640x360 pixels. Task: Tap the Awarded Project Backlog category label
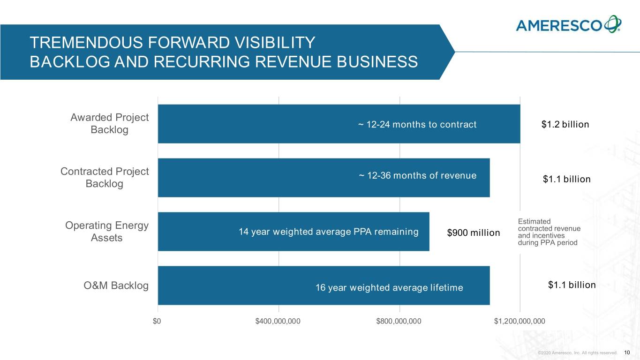click(109, 123)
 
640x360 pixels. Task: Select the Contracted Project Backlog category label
click(105, 178)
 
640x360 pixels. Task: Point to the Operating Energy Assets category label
click(107, 232)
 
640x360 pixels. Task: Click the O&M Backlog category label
click(116, 285)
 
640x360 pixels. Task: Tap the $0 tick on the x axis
click(158, 321)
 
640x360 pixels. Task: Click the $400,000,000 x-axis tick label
click(278, 321)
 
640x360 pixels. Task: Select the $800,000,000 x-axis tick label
click(399, 321)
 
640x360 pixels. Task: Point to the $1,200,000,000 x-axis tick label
click(520, 321)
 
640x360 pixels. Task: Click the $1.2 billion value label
click(565, 125)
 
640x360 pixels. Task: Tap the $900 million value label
click(474, 233)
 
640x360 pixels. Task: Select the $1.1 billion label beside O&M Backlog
click(572, 285)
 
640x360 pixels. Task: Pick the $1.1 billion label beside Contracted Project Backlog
click(566, 180)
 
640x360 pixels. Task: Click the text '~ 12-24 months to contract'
click(417, 125)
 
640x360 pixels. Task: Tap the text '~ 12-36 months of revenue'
click(417, 176)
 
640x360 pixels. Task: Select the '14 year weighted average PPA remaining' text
click(328, 232)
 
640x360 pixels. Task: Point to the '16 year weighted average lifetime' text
click(389, 288)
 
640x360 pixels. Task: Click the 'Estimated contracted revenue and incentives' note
click(549, 232)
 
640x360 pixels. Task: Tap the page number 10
click(627, 352)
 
